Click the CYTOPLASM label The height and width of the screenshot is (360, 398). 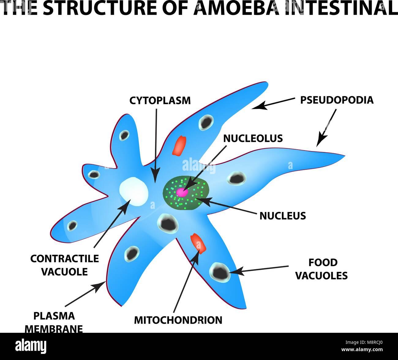(x=160, y=100)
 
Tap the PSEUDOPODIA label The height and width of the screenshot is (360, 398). (x=336, y=100)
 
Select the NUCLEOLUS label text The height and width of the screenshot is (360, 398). (x=253, y=138)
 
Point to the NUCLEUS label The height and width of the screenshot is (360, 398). (x=283, y=216)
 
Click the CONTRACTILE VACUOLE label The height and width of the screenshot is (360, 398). (x=65, y=265)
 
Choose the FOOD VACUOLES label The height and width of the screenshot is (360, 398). (x=321, y=269)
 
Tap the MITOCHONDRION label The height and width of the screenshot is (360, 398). (x=178, y=320)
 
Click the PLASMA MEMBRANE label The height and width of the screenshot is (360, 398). (x=54, y=322)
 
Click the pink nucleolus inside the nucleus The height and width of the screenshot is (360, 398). (x=182, y=192)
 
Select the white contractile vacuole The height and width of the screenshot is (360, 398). (x=133, y=191)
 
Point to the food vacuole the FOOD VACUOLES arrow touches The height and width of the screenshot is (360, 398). (x=220, y=272)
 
